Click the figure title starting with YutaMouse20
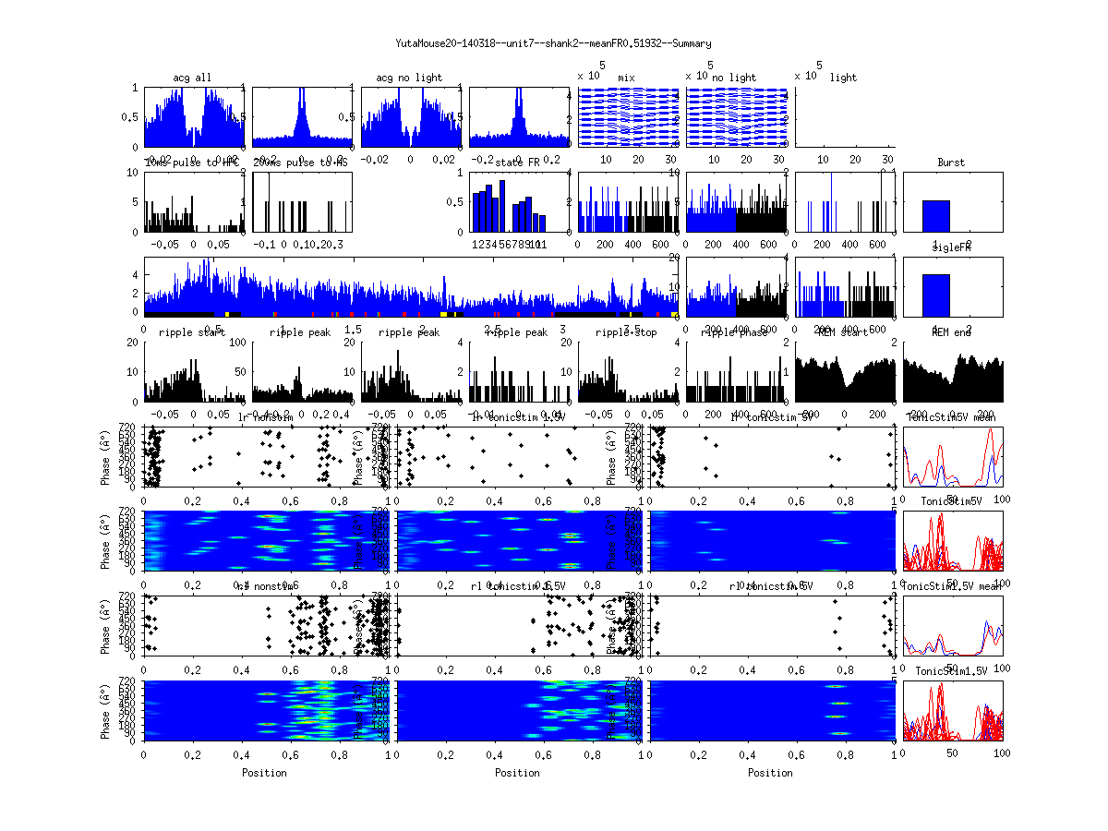(x=553, y=43)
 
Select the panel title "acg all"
(x=192, y=78)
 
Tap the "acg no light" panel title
(x=409, y=78)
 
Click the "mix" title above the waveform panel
(x=626, y=78)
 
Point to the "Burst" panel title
(x=951, y=163)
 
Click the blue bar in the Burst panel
(x=935, y=216)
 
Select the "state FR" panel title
(x=518, y=163)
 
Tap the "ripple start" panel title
(x=192, y=332)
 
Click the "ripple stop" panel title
(x=626, y=332)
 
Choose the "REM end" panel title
(x=951, y=332)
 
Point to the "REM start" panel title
(x=843, y=332)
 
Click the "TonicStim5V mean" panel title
(x=951, y=417)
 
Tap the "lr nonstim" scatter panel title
(x=268, y=417)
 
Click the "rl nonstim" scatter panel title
(x=268, y=586)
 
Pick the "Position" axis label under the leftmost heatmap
(x=264, y=773)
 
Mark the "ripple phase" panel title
(x=734, y=332)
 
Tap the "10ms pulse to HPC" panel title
(x=192, y=163)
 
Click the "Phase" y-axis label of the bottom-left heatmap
(x=107, y=710)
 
